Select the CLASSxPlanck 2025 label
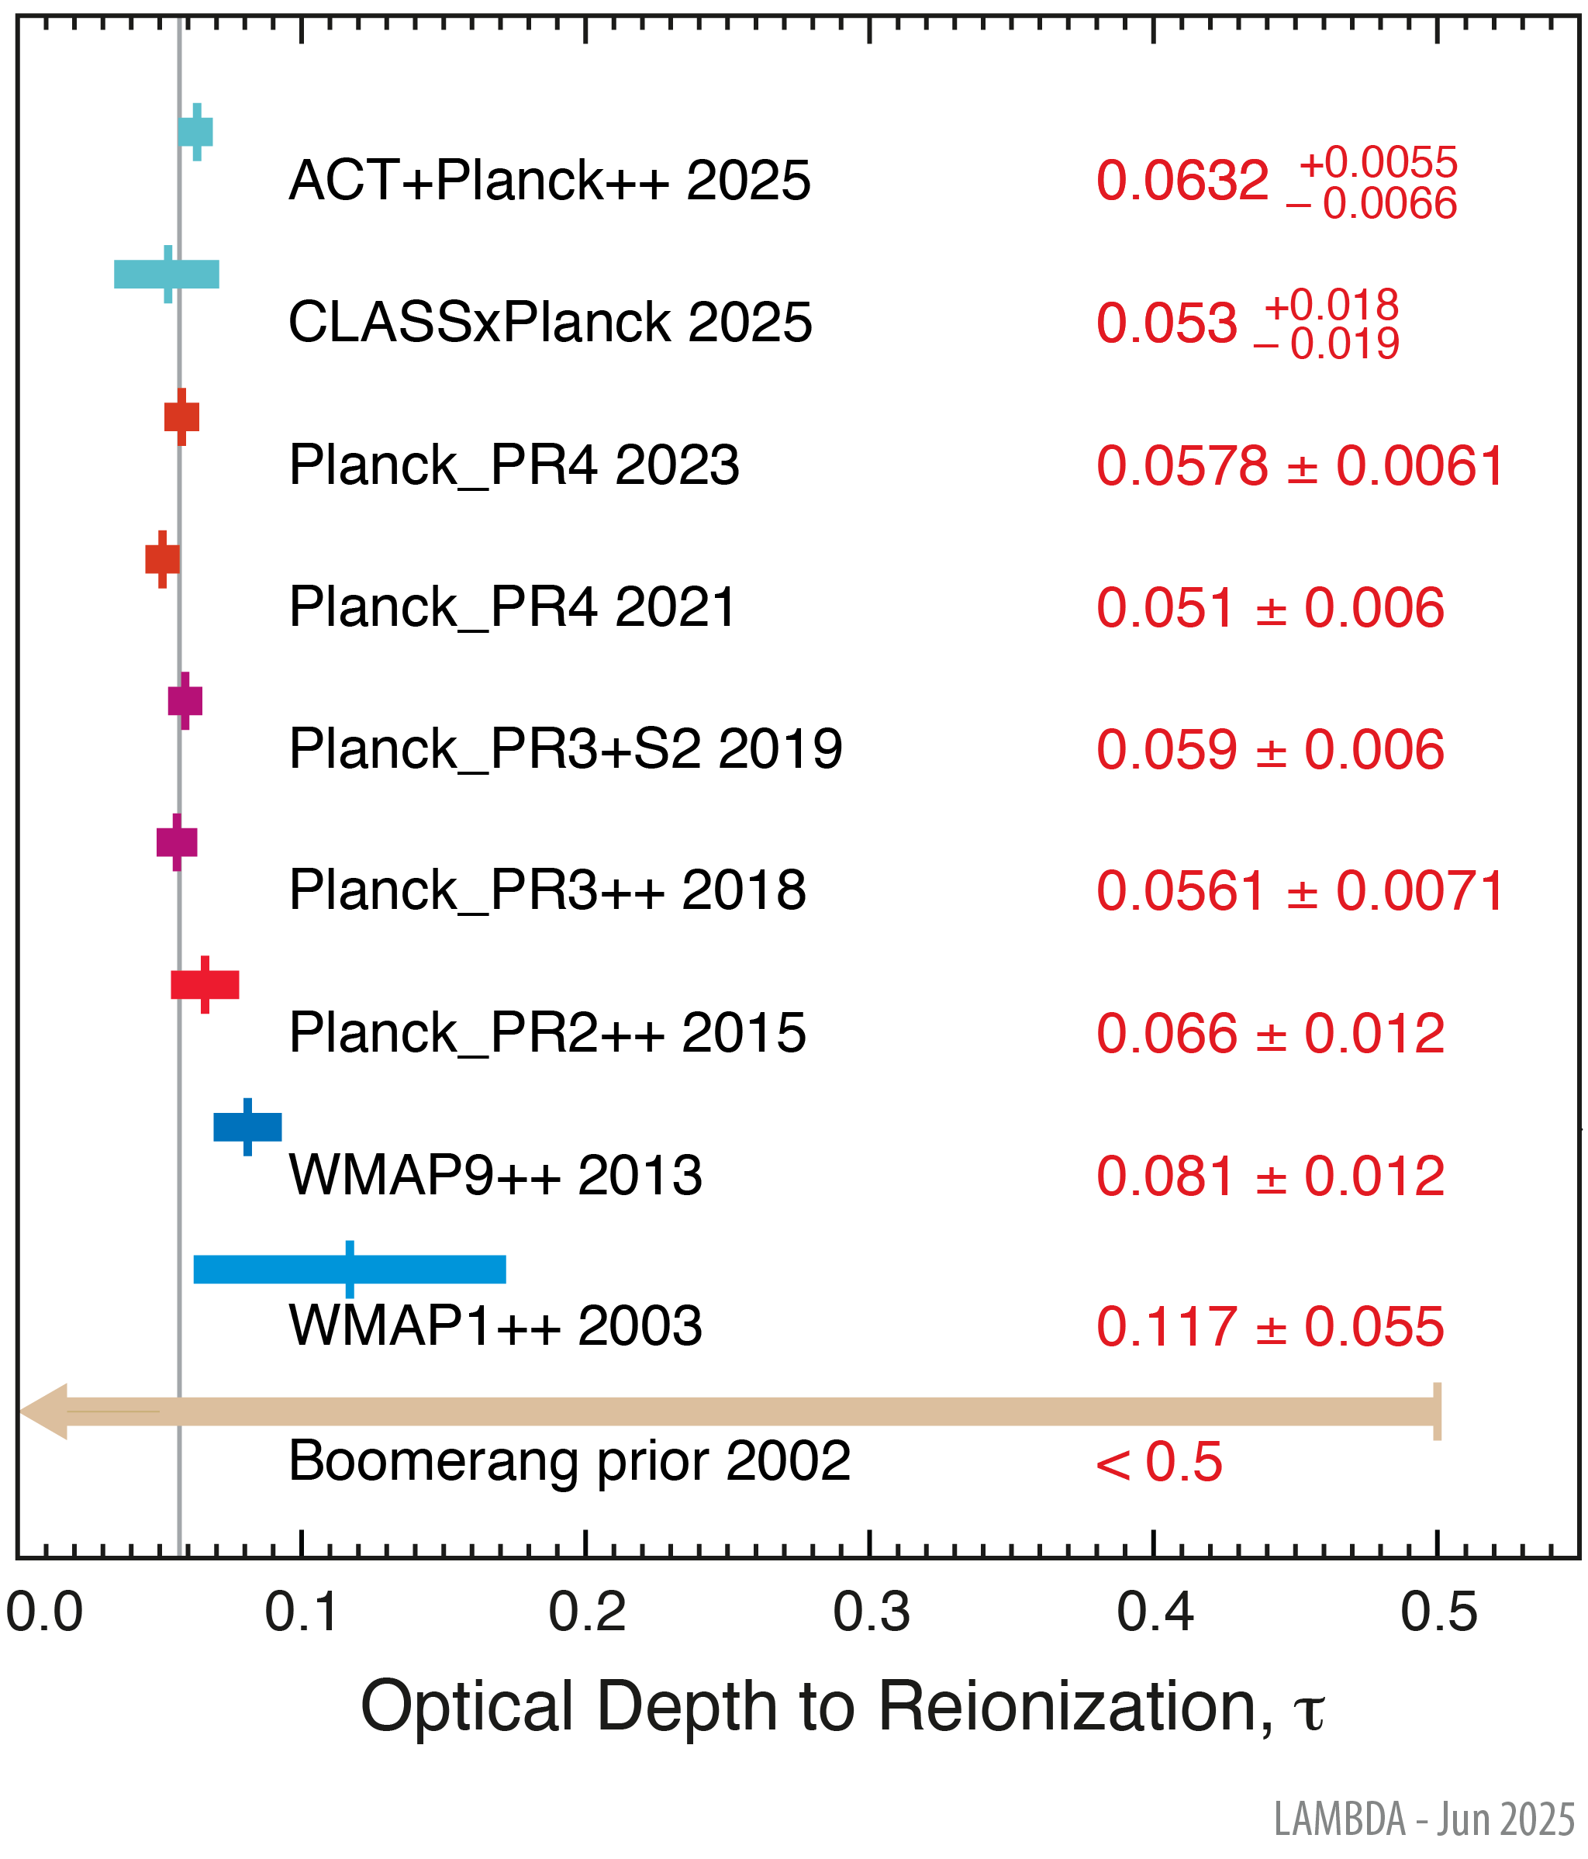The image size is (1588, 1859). (549, 322)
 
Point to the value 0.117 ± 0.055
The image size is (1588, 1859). (1269, 1326)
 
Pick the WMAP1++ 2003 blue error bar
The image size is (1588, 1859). (350, 1270)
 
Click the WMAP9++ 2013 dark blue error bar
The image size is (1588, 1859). (247, 1127)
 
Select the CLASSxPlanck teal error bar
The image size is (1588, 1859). (167, 274)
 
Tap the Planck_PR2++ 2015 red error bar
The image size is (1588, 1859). (205, 984)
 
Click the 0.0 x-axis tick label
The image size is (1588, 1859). (45, 1613)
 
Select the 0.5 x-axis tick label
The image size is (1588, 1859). (1438, 1613)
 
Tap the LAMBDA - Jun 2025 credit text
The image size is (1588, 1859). (1424, 1820)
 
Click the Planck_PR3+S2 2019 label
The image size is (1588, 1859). (565, 749)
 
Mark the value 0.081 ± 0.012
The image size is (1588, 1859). (1269, 1177)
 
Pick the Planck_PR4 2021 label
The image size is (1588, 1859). (513, 607)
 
